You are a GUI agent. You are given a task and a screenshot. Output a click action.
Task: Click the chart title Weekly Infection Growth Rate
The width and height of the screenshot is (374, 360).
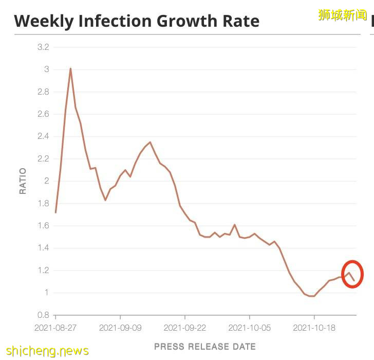pyautogui.click(x=137, y=21)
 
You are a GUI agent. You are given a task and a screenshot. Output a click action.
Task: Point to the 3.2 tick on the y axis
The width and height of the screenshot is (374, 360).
pyautogui.click(x=43, y=47)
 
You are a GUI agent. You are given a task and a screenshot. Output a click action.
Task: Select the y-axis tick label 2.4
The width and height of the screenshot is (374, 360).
pyautogui.click(x=43, y=136)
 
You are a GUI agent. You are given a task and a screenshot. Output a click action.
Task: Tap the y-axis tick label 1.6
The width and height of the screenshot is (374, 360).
pyautogui.click(x=43, y=226)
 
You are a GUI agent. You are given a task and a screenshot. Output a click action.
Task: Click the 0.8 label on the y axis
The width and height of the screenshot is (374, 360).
pyautogui.click(x=43, y=315)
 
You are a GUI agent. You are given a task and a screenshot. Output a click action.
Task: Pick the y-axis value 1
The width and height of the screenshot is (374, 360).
pyautogui.click(x=46, y=293)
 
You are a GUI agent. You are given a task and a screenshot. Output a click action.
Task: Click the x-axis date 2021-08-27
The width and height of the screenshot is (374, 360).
pyautogui.click(x=55, y=327)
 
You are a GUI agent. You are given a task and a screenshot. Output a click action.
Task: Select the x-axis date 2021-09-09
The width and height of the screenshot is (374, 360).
pyautogui.click(x=120, y=327)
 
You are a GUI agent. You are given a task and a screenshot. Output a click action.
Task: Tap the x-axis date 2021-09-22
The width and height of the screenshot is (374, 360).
pyautogui.click(x=185, y=327)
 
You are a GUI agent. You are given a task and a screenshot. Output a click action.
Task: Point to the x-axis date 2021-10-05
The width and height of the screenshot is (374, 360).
pyautogui.click(x=250, y=327)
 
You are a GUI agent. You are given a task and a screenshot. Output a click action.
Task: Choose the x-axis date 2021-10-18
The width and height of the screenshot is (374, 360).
pyautogui.click(x=314, y=327)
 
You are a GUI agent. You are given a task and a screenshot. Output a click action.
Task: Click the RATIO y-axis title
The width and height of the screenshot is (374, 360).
pyautogui.click(x=23, y=181)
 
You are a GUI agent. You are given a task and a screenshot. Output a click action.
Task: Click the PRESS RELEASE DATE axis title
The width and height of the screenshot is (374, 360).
pyautogui.click(x=205, y=346)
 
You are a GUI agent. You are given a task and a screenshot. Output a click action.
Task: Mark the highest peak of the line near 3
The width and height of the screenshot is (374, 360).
pyautogui.click(x=70, y=68)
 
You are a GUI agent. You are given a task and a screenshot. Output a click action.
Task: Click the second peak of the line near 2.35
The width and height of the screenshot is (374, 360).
pyautogui.click(x=150, y=142)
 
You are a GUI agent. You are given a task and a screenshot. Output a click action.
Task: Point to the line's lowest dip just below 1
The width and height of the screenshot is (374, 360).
pyautogui.click(x=312, y=296)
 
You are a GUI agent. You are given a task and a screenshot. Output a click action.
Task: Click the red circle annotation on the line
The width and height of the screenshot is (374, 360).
pyautogui.click(x=352, y=274)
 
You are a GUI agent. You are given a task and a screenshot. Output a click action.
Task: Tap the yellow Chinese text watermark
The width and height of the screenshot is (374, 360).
pyautogui.click(x=342, y=14)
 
